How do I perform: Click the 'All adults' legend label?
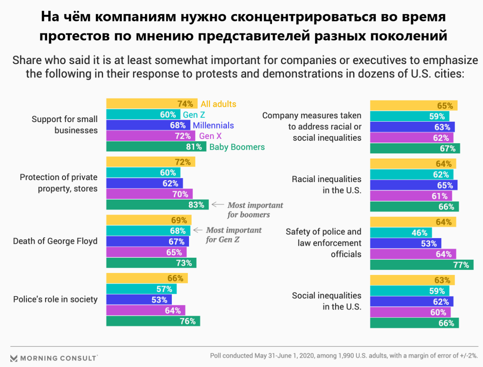(219, 104)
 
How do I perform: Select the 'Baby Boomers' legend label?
(237, 147)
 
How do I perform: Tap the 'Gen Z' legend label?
(194, 115)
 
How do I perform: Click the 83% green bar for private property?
(157, 205)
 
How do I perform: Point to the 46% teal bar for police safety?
(401, 232)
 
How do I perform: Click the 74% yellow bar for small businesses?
(152, 104)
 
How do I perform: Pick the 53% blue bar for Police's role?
(139, 300)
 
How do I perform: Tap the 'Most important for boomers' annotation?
(255, 210)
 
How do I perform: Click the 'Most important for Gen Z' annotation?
(233, 235)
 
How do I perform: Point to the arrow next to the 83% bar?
(218, 205)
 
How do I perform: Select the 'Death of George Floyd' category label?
(55, 241)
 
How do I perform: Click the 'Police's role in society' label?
(55, 299)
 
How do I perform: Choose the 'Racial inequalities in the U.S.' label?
(326, 185)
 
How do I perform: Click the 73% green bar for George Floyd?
(151, 263)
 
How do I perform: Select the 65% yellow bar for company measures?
(414, 106)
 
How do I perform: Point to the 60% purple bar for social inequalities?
(411, 312)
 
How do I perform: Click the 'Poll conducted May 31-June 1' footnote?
(344, 356)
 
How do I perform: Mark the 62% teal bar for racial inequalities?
(412, 174)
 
